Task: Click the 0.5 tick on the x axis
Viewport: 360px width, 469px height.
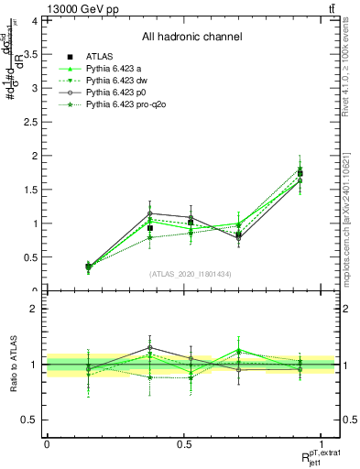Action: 184,444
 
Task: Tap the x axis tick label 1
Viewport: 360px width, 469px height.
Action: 322,444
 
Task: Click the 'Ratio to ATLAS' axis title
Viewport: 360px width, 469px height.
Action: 12,365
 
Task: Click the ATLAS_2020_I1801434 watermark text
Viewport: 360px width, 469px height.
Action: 191,275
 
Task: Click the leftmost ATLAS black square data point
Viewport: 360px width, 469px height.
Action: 88,267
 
